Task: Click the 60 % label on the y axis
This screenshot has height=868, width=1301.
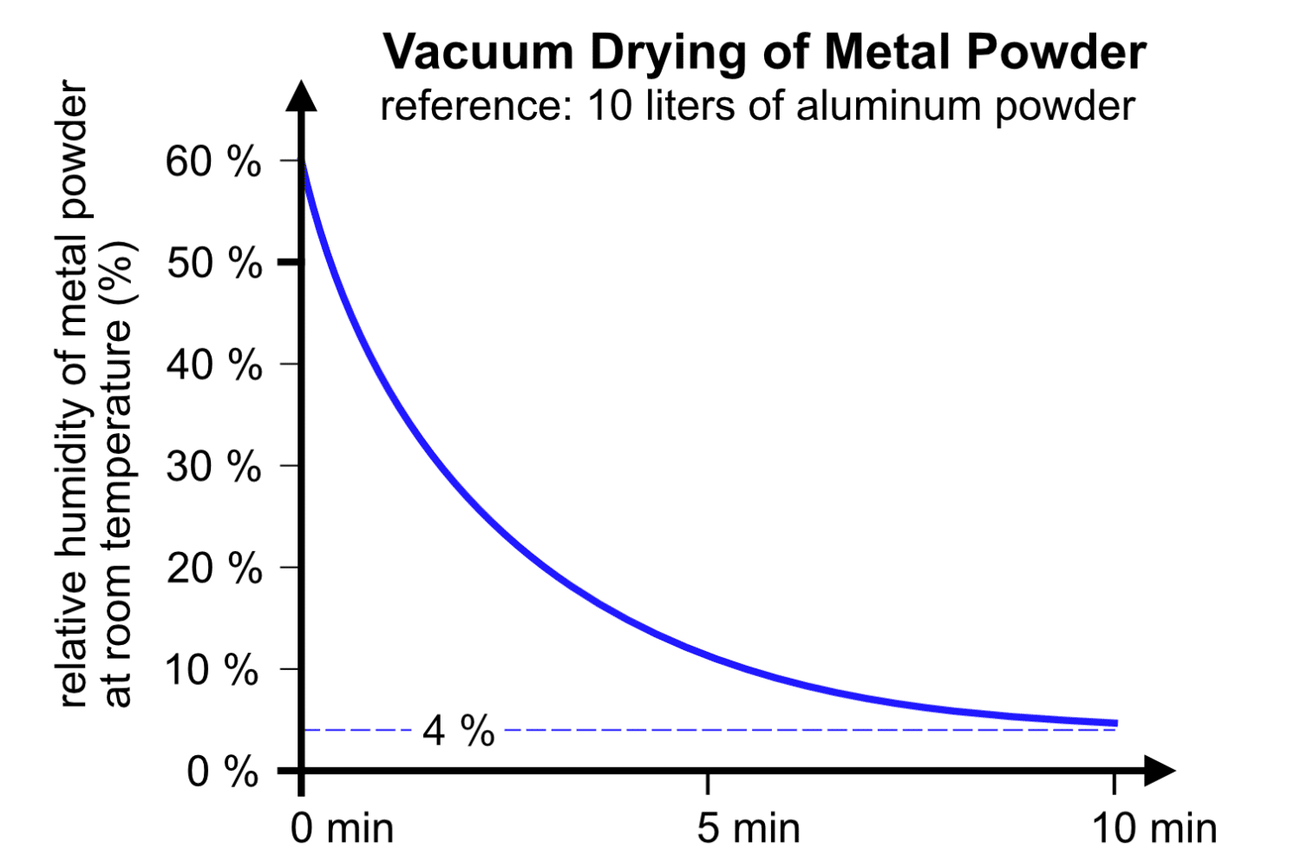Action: click(x=212, y=161)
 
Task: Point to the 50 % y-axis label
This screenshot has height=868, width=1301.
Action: click(x=213, y=263)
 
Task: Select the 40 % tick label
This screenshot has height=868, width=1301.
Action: click(x=213, y=365)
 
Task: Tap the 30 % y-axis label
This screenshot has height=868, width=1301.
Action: click(x=213, y=467)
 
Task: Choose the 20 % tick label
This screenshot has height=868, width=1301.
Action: click(x=213, y=569)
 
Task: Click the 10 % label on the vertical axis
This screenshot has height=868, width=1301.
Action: click(x=212, y=670)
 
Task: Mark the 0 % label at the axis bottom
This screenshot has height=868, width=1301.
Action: click(x=222, y=772)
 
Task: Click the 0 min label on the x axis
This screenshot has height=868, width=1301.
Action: click(x=342, y=828)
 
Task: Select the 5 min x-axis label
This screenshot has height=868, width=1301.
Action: click(x=748, y=828)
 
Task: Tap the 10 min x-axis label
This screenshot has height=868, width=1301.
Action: click(x=1154, y=828)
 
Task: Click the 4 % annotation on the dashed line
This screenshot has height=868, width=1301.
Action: click(x=458, y=731)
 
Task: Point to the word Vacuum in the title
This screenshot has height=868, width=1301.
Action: click(x=478, y=52)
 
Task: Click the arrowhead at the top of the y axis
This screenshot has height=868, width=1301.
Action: click(x=301, y=95)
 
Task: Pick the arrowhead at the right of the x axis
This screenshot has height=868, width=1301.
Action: click(x=1159, y=770)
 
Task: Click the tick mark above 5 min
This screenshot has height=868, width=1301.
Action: click(x=708, y=781)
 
